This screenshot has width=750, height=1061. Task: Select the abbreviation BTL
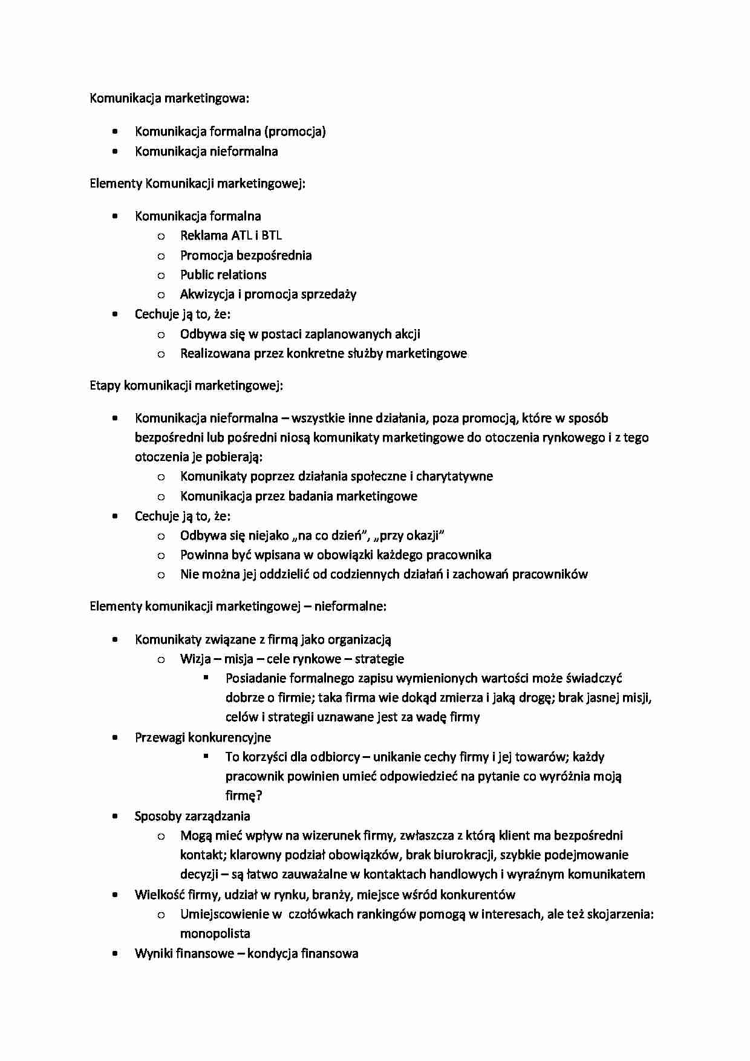pos(272,236)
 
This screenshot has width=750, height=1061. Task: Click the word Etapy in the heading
pos(105,385)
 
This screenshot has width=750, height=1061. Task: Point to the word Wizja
pos(195,659)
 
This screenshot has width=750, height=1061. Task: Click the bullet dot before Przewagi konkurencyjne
pos(115,737)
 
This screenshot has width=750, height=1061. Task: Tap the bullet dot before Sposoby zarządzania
pos(115,816)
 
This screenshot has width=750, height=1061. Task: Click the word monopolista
pos(215,933)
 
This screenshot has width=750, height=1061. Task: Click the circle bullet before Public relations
pos(161,276)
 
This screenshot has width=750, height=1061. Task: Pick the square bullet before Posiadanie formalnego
pos(206,678)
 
